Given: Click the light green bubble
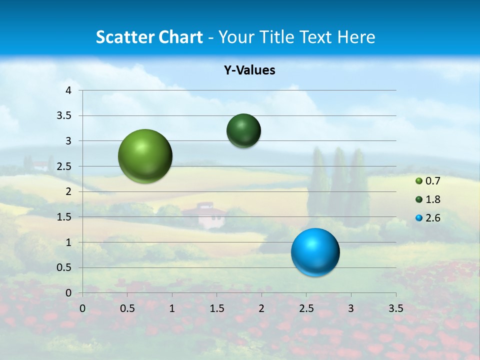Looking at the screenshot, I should (x=145, y=156).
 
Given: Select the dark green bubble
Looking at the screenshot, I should (x=243, y=131).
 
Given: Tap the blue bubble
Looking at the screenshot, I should (x=315, y=252).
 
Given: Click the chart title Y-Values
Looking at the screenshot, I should (x=249, y=70).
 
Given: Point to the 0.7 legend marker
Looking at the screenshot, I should (x=419, y=181).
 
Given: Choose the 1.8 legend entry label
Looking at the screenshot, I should (x=432, y=199).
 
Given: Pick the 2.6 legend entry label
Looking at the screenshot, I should (x=432, y=218).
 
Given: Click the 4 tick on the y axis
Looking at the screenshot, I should (x=68, y=90).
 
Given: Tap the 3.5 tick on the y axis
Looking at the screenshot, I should (x=65, y=116).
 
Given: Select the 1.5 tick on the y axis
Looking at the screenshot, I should (x=65, y=217).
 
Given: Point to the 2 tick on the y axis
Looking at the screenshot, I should (x=68, y=191).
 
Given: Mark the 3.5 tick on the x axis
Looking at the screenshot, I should (x=395, y=308).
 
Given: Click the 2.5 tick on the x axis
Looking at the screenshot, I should (x=306, y=308).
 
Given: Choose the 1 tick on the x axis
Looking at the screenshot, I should (x=172, y=308).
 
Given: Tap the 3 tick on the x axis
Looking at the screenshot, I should (x=351, y=308).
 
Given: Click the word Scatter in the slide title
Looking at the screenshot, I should (x=125, y=37).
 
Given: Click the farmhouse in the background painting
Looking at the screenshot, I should (x=205, y=213).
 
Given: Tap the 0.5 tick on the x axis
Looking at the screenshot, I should (x=127, y=308).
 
